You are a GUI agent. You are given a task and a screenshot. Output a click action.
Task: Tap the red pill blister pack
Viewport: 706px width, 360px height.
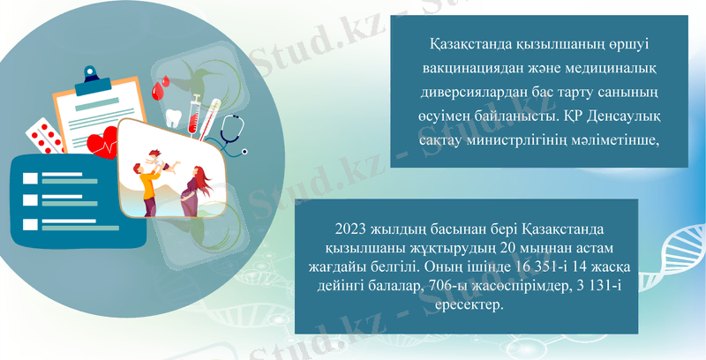pyautogui.click(x=44, y=135)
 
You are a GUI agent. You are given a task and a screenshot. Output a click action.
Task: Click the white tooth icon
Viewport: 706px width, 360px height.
pyautogui.click(x=174, y=117)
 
